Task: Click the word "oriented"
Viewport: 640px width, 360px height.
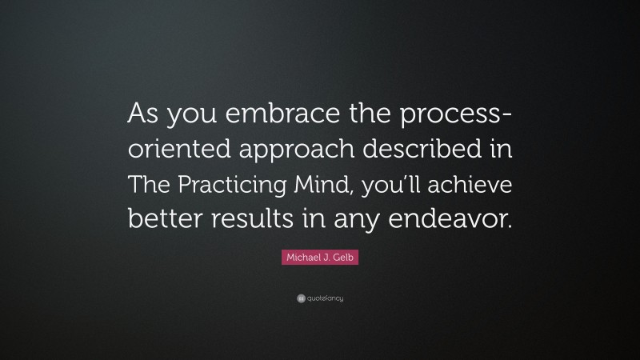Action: (169, 152)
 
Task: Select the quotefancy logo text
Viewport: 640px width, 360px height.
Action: (325, 298)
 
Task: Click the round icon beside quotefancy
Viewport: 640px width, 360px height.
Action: (300, 298)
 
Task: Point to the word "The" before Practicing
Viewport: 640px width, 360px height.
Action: (152, 186)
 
